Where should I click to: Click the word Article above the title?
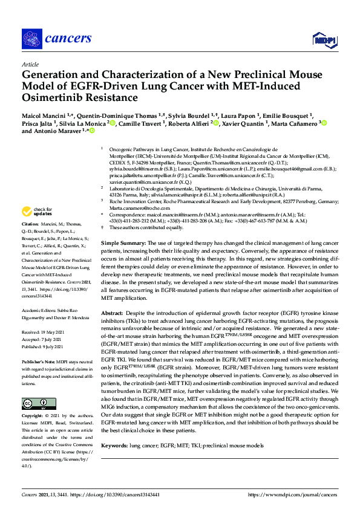pos(30,64)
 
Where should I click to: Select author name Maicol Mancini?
pos(43,114)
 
